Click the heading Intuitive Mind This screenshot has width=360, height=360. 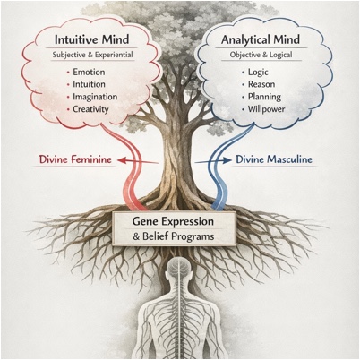pos(92,39)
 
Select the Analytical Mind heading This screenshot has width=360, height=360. pos(261,39)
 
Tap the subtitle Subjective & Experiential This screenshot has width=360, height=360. pos(92,55)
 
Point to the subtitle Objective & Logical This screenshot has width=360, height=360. pos(261,55)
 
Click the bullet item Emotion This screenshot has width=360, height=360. pos(89,72)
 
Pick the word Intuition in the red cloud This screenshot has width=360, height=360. pos(89,84)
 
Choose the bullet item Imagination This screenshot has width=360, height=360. pos(95,97)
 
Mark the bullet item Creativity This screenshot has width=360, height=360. pos(90,109)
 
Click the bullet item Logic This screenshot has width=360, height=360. pos(258,73)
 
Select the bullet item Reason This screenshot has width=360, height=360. pos(261,84)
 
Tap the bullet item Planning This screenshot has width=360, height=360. pos(264,97)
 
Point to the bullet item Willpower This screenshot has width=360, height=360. pos(266,109)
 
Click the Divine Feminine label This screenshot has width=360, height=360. pos(75,159)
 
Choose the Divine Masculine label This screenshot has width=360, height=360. pos(274,159)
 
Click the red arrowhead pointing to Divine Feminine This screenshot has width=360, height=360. pos(121,160)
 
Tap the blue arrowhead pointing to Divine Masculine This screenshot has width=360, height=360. pos(227,160)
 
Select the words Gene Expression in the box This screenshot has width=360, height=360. pos(173,222)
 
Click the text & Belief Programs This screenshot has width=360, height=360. pos(174,236)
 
